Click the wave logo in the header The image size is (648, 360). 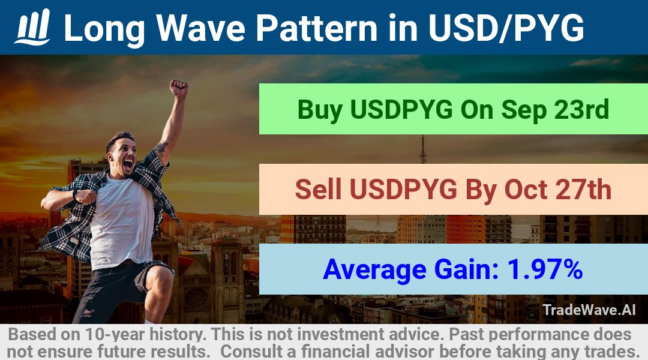[x=32, y=27]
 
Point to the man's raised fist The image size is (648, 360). [x=179, y=88]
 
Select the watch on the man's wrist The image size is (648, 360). [x=75, y=194]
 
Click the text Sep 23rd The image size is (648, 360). [x=555, y=110]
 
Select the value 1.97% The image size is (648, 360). [x=545, y=269]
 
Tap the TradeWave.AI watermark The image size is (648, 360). [x=589, y=310]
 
